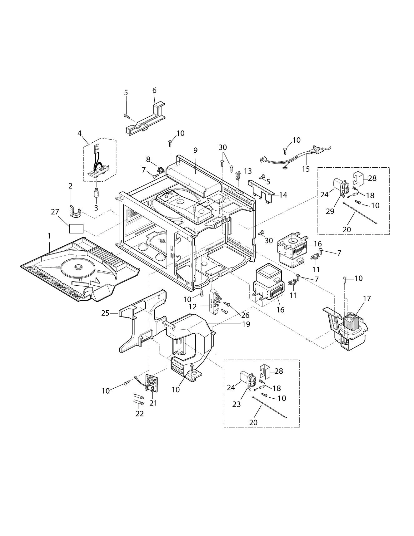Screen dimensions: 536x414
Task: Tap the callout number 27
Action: [55, 212]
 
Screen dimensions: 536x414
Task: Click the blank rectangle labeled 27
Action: [76, 229]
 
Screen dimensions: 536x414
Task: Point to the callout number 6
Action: [154, 91]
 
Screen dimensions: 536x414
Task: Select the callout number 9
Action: [196, 150]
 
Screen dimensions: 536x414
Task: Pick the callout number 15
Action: [306, 169]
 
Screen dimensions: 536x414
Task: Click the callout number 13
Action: [248, 171]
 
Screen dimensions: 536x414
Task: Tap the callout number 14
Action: [283, 195]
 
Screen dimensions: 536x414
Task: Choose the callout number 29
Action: [330, 211]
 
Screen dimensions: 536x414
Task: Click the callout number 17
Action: [367, 299]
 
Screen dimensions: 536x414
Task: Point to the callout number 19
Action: [246, 324]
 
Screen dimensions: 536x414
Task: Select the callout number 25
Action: [105, 313]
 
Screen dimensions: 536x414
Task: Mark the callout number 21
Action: [153, 403]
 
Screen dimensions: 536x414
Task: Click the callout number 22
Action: [139, 413]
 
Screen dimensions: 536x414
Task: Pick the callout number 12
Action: [192, 307]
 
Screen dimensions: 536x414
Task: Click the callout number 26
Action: [245, 315]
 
